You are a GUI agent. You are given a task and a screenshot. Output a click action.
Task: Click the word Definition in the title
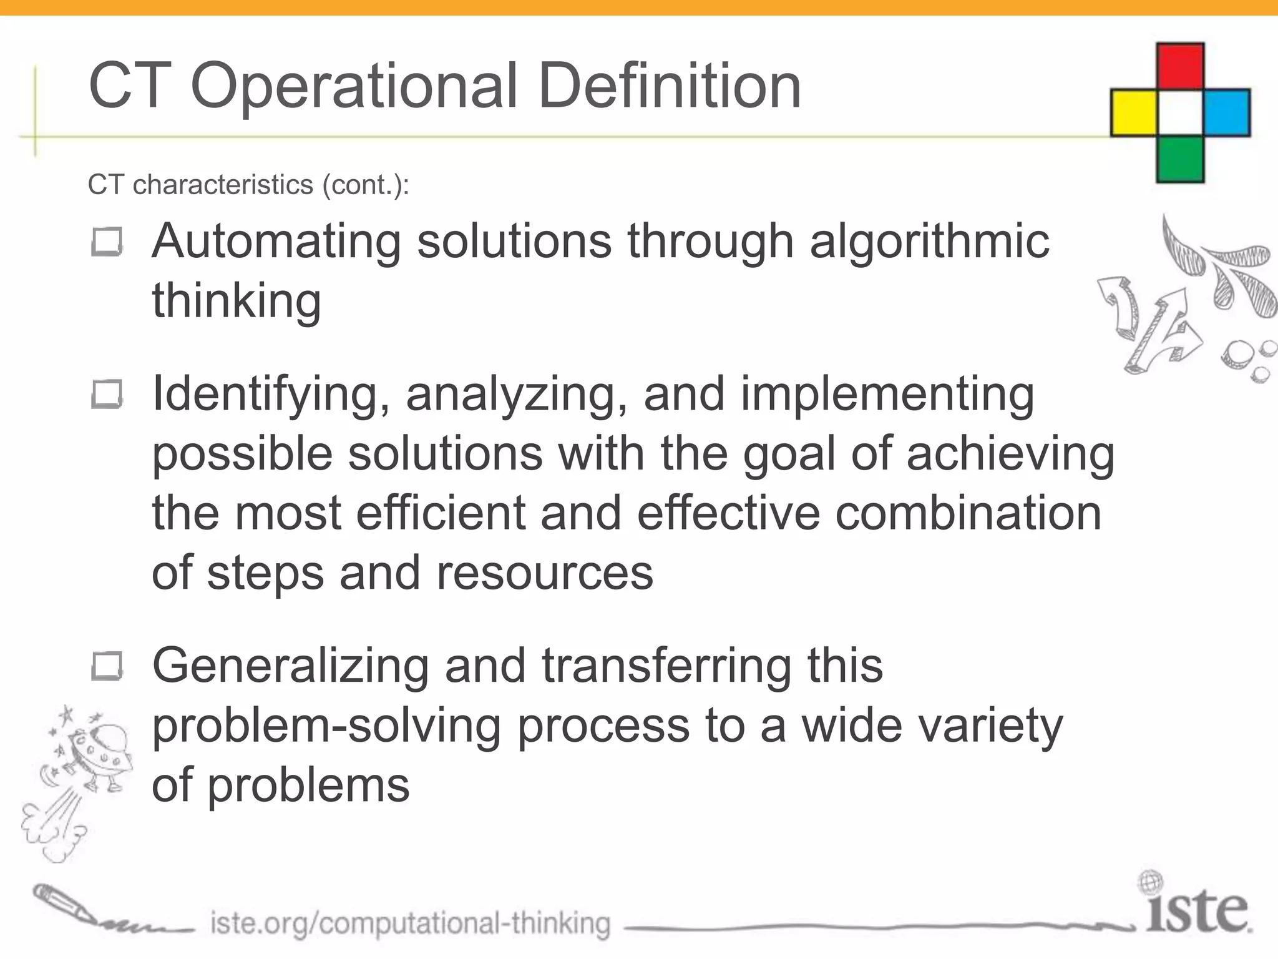coord(668,86)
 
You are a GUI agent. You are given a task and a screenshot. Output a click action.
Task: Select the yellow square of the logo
coord(1134,113)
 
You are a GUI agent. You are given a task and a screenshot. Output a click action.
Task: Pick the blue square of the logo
coord(1227,113)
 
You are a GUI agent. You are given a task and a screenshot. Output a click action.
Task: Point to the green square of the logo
coord(1180,159)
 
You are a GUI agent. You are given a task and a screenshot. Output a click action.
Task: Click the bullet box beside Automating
coord(107,242)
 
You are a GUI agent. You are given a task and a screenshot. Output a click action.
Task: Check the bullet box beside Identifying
coord(107,395)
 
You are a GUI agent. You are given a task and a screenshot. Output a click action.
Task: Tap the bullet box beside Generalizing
coord(107,667)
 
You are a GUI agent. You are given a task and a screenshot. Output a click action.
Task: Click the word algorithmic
coord(929,242)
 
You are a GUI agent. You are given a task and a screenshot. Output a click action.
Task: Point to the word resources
coord(544,573)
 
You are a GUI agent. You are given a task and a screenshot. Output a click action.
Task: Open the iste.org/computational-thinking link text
coord(410,923)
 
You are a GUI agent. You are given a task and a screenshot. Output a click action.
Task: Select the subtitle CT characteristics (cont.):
coord(248,185)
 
